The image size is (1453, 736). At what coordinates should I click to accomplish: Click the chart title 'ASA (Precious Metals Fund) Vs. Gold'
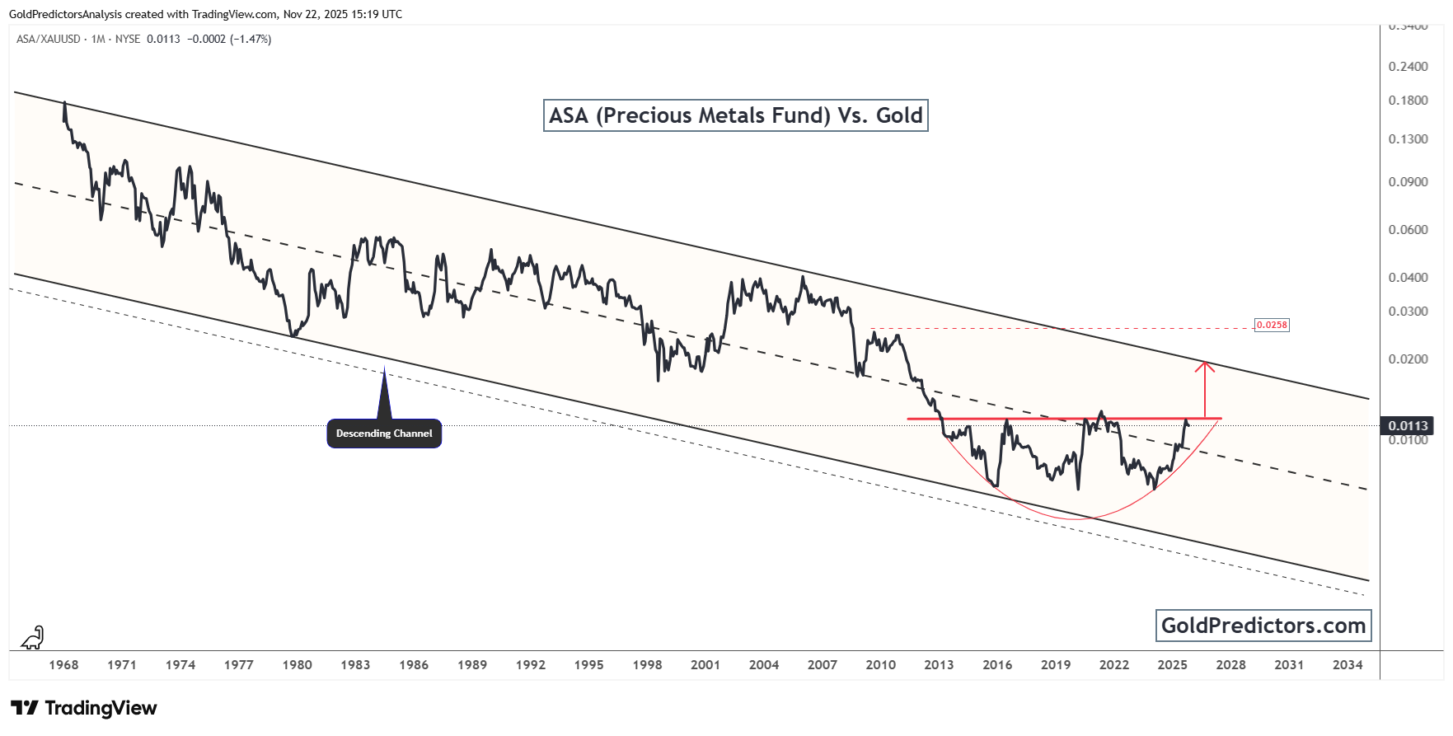pos(735,115)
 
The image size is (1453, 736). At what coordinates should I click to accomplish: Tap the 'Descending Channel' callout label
pos(384,434)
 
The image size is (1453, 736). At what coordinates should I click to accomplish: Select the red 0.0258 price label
pos(1271,325)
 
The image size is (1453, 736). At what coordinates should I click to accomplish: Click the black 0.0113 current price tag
pos(1408,425)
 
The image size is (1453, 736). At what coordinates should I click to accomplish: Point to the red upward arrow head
pos(1205,365)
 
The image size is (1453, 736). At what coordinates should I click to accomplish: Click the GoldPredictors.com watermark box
pos(1263,626)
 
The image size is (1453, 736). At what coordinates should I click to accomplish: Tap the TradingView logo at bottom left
pos(84,708)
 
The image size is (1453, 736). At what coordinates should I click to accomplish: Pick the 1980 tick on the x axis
pos(297,664)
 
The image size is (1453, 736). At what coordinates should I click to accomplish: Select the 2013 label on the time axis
pos(939,664)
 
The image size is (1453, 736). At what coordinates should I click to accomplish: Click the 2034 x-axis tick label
pos(1348,664)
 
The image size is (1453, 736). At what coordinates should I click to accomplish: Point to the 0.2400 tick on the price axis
pos(1408,66)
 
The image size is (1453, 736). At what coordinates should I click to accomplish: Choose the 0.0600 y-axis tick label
pos(1408,229)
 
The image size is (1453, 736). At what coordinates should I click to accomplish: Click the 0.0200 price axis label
pos(1408,359)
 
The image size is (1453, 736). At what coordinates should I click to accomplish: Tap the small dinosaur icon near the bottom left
pos(33,637)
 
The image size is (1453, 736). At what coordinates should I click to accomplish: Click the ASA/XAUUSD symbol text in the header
pos(49,39)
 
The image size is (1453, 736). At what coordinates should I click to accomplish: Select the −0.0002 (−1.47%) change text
pos(229,39)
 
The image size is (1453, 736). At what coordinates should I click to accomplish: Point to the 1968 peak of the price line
pos(64,103)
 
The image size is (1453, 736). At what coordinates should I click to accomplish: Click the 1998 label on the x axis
pos(647,664)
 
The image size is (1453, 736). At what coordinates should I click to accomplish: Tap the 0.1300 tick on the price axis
pos(1408,138)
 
